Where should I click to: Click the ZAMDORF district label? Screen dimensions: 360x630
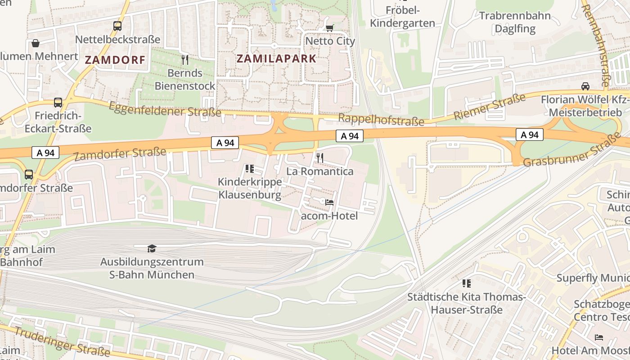click(x=115, y=60)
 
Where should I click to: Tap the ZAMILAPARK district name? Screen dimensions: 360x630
click(x=276, y=58)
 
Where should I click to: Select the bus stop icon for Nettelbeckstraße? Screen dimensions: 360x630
click(x=117, y=26)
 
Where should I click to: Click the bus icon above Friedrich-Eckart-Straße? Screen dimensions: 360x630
click(x=58, y=102)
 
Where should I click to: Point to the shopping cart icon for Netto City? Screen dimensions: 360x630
click(x=330, y=28)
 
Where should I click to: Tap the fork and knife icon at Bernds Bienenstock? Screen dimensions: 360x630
click(x=184, y=59)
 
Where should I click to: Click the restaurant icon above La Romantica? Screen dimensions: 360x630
click(x=320, y=157)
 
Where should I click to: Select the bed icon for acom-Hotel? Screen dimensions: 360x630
click(x=329, y=202)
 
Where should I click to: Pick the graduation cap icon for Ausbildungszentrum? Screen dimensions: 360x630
click(x=152, y=248)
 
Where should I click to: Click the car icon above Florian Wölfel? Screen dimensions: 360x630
click(x=585, y=86)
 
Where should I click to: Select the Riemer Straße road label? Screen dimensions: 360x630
click(x=489, y=107)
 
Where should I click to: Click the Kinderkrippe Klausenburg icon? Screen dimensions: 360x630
click(x=250, y=169)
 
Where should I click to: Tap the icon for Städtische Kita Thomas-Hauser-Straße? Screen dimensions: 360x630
click(x=467, y=283)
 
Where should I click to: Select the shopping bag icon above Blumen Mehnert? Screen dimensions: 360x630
click(x=35, y=43)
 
